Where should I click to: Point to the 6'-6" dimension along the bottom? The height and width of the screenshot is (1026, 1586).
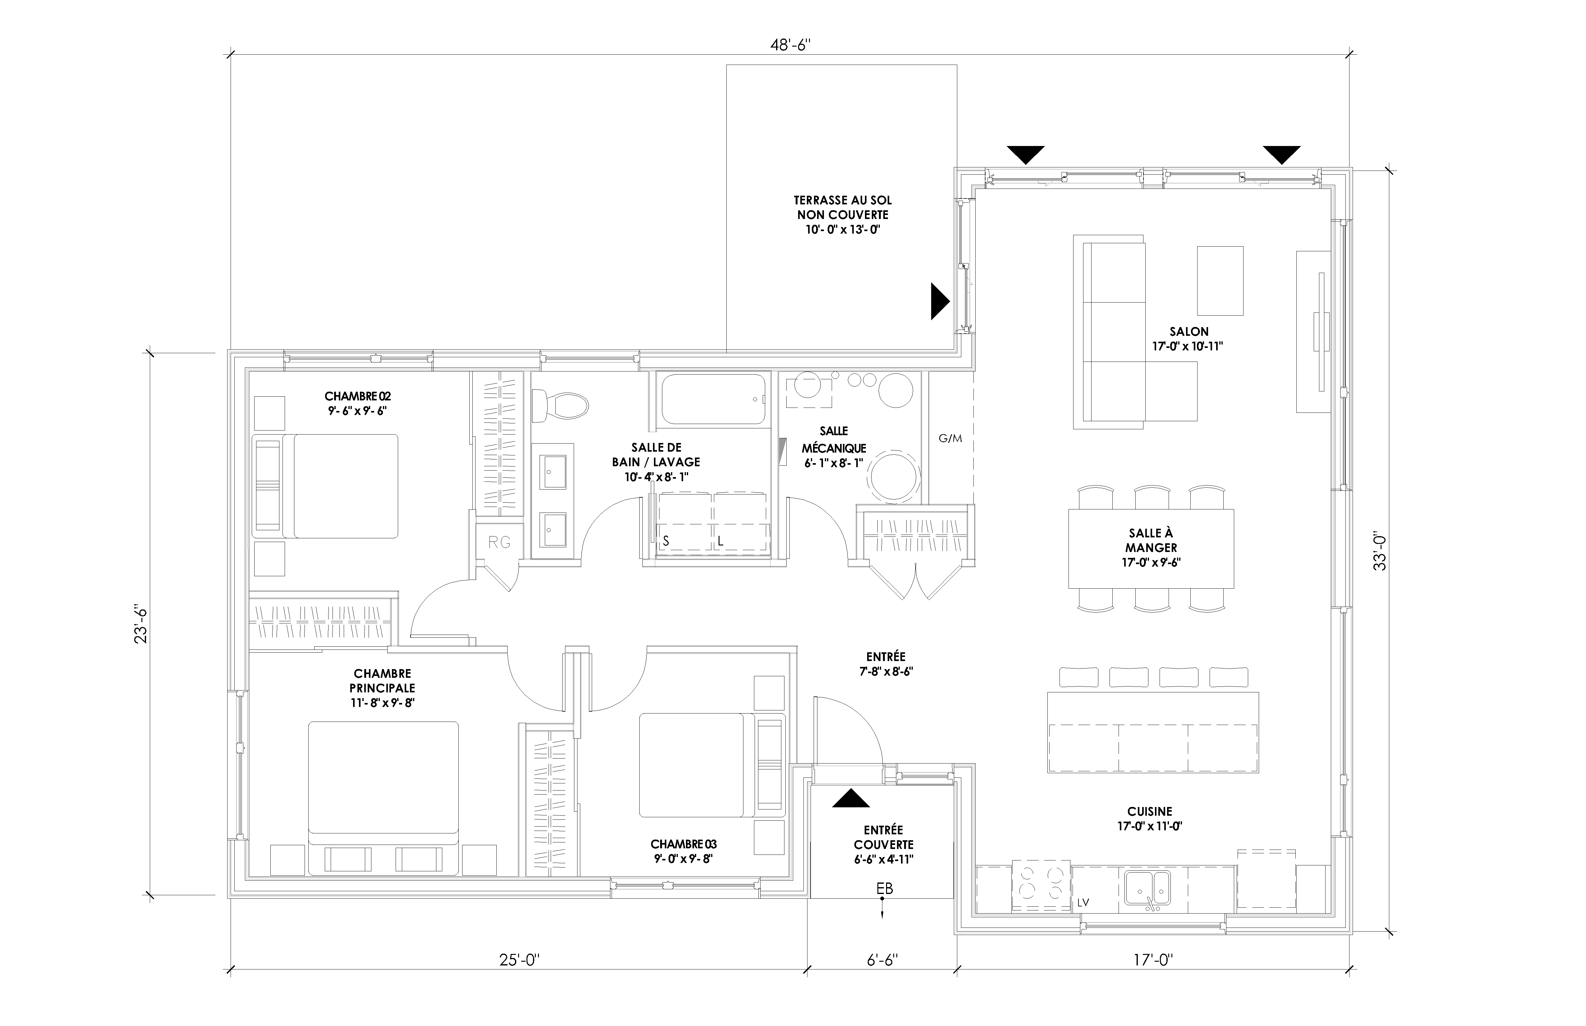pyautogui.click(x=882, y=960)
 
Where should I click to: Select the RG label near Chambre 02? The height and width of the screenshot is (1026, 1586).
pyautogui.click(x=499, y=542)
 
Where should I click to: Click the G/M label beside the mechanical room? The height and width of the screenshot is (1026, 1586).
pyautogui.click(x=950, y=438)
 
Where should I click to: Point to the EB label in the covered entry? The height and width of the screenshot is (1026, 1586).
pyautogui.click(x=884, y=889)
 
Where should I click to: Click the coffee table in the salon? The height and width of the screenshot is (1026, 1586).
pyautogui.click(x=1220, y=280)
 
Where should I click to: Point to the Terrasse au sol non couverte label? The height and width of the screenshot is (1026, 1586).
pyautogui.click(x=842, y=215)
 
